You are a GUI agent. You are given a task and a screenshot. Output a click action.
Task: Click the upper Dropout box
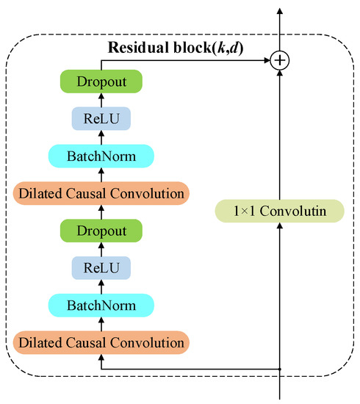pos(101,81)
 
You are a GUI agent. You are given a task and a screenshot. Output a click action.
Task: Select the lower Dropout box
pos(101,231)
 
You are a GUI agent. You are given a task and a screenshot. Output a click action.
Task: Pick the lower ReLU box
pos(101,267)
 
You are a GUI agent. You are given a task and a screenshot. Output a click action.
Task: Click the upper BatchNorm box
pos(101,156)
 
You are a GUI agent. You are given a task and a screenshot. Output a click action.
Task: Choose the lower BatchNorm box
pos(101,304)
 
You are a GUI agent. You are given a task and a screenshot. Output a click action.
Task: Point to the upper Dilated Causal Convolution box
pos(101,194)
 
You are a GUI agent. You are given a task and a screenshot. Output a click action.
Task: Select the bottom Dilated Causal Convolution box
pos(101,342)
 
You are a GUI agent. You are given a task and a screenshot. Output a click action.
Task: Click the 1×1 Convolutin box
pos(279,211)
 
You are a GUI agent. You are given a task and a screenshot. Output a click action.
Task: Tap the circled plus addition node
pos(279,61)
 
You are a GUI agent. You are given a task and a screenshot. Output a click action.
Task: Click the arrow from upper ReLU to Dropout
pos(101,99)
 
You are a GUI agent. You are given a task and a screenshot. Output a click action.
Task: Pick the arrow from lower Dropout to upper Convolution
pos(101,212)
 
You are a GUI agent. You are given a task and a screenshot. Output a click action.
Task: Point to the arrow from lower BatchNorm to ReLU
pos(101,286)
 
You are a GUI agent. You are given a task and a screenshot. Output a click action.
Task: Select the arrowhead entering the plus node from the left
pos(267,61)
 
